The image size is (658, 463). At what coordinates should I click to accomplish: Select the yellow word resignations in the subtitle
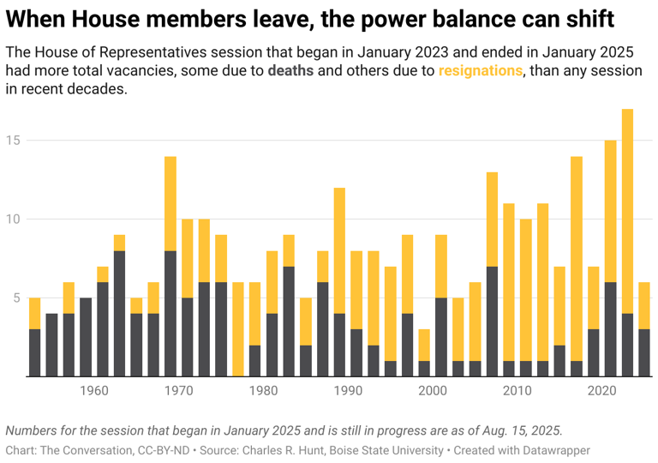tap(480, 71)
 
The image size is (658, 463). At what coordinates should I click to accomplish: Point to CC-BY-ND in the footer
tap(148, 450)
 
